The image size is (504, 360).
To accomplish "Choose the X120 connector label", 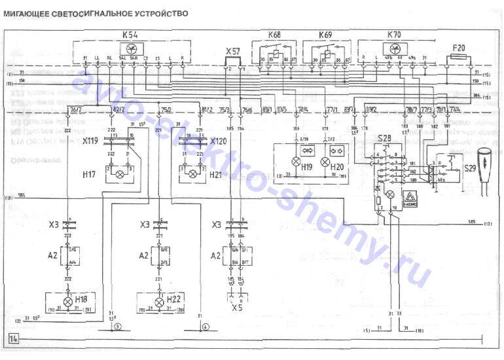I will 220,141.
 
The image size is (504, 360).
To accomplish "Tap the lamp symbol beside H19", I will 295,160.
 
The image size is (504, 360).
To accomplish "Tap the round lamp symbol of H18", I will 67,302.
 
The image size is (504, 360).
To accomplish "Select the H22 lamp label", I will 174,299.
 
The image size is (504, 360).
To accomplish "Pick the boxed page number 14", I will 14,338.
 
